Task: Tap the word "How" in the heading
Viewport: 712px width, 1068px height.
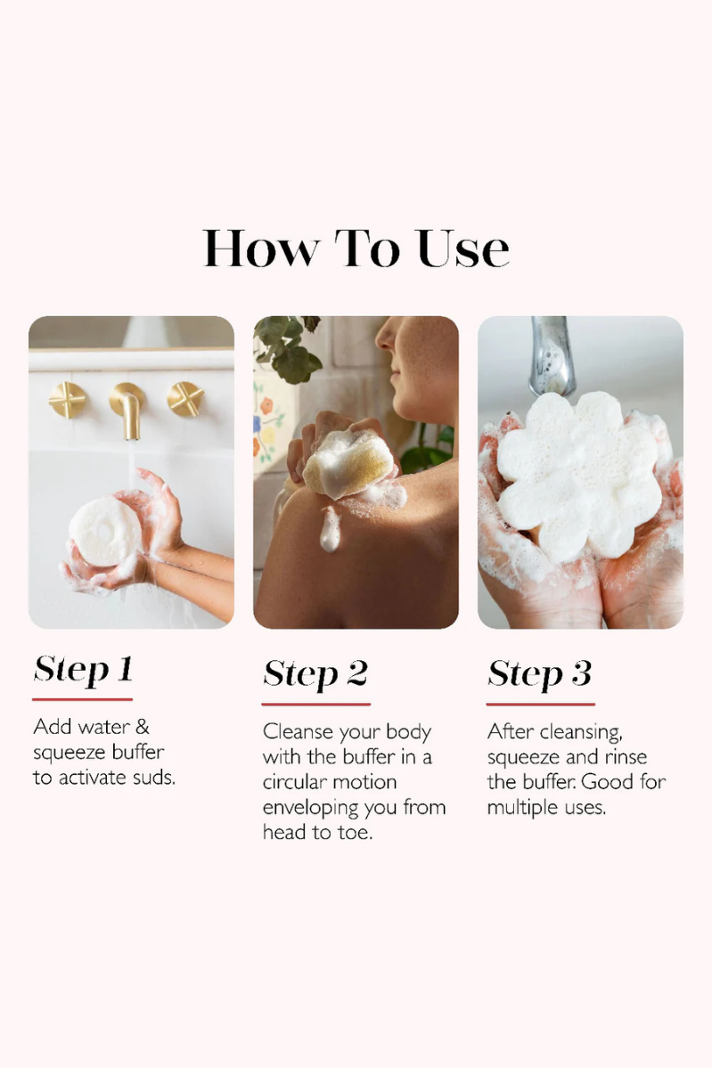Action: tap(261, 249)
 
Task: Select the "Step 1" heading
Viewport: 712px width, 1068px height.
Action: tap(83, 670)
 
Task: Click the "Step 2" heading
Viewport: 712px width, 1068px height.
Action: tap(315, 673)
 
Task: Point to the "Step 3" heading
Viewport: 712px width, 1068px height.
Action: tap(540, 673)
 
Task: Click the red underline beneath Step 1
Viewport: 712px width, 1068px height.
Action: tap(83, 699)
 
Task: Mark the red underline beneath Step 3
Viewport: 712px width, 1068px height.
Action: tap(540, 704)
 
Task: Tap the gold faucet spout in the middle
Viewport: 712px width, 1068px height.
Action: tap(127, 409)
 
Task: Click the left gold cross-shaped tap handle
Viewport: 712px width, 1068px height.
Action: tap(68, 400)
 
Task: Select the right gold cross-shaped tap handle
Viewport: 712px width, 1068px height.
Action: tap(185, 399)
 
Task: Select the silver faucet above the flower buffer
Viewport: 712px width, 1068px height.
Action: tap(552, 355)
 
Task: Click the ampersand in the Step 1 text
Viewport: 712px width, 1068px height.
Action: tap(142, 727)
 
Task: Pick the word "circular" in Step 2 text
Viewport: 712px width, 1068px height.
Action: tap(296, 782)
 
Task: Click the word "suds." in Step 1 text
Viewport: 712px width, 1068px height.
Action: tap(151, 777)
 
